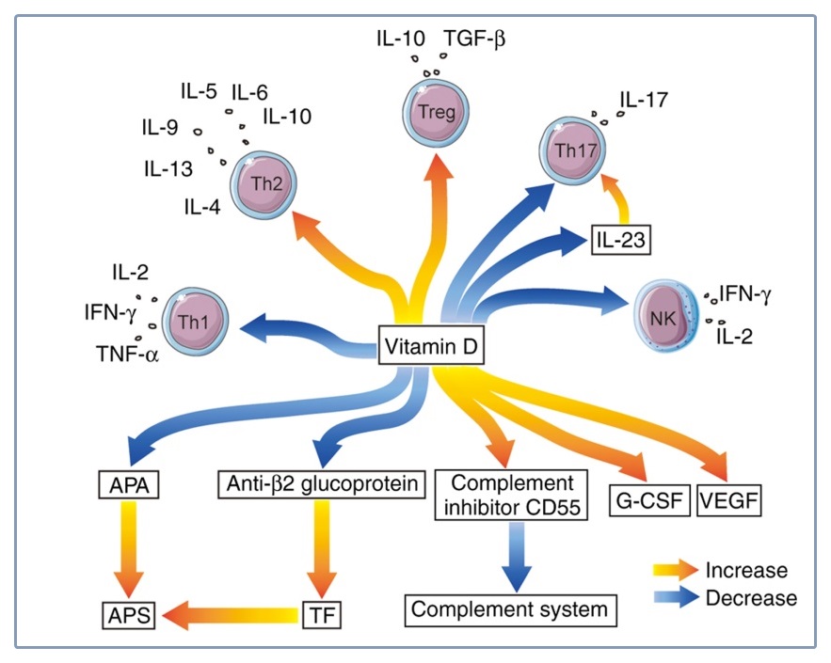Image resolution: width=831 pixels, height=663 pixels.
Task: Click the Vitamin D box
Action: click(431, 348)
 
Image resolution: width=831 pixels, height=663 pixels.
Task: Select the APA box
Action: click(128, 484)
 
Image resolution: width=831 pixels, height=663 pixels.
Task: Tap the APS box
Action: click(128, 617)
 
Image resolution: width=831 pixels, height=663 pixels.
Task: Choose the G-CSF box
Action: click(648, 500)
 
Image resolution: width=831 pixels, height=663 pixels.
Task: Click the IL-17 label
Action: click(644, 98)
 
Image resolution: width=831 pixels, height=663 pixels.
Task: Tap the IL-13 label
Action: click(169, 169)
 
